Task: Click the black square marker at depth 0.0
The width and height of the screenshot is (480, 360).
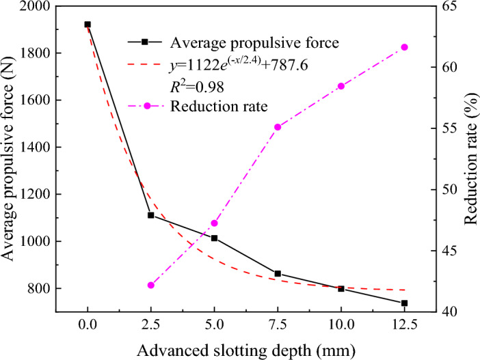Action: point(88,25)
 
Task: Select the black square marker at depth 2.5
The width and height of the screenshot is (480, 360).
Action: point(151,215)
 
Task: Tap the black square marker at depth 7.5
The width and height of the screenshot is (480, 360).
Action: point(278,273)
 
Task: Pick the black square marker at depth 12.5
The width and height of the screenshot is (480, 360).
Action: point(404,303)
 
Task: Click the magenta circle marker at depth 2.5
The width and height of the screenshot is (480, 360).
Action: point(151,285)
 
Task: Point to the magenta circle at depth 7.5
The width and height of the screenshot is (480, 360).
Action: point(278,127)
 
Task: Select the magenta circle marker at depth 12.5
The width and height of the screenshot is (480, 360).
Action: point(404,47)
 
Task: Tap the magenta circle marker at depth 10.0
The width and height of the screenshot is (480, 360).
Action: point(341,86)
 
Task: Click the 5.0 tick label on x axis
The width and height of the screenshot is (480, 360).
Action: point(214,325)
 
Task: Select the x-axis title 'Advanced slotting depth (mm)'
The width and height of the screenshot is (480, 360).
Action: point(245,349)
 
